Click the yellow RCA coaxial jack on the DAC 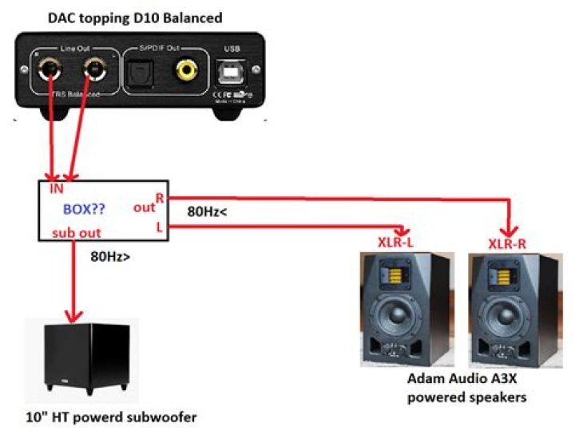pos(187,71)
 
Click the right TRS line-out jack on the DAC pos(93,70)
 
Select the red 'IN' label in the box pos(56,190)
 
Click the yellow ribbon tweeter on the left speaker pos(406,275)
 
